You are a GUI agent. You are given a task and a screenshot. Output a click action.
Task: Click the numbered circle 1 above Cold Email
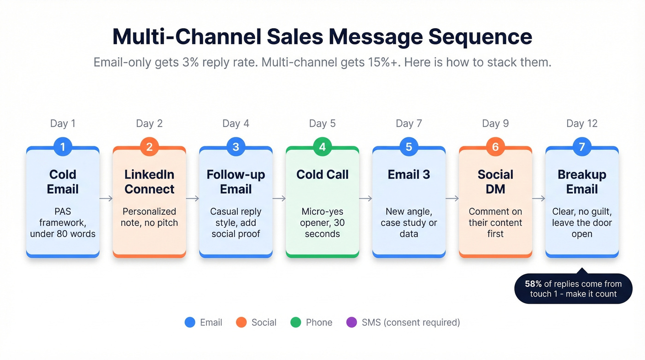63,147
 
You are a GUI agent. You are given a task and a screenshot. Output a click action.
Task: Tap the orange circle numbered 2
149,147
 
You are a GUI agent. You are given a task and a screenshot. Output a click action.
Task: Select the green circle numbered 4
322,147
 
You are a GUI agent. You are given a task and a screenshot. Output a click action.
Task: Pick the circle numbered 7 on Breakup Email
581,147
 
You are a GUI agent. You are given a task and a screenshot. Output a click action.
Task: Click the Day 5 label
322,124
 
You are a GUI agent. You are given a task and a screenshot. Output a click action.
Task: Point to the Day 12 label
581,124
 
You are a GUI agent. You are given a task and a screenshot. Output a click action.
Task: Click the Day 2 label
149,124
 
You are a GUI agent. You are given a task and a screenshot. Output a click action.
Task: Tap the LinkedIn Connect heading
149,182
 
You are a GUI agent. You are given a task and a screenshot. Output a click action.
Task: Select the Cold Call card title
322,175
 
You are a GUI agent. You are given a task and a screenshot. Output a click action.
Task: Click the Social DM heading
495,182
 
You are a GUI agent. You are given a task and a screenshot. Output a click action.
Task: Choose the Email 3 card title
409,175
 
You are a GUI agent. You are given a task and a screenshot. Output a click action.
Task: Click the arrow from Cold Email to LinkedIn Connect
106,199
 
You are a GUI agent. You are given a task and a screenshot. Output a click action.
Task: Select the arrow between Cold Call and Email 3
365,199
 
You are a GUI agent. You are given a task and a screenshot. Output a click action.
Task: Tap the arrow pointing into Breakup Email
539,199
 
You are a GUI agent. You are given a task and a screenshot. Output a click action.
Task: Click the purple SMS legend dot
352,322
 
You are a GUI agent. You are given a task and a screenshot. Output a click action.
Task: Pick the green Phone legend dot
296,322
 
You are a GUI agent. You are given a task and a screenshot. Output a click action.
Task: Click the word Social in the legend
264,322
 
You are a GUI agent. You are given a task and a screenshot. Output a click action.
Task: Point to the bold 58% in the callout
534,284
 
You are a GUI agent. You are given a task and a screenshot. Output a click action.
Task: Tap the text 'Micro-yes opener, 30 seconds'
322,223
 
